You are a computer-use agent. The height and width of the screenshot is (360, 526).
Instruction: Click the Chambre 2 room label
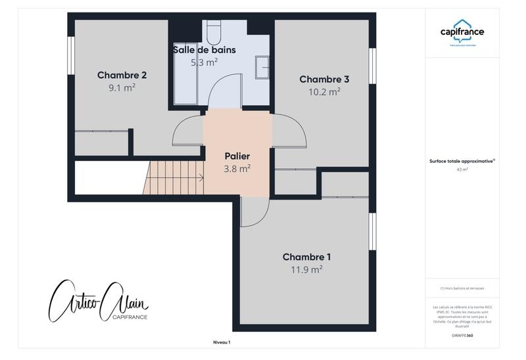(x=122, y=75)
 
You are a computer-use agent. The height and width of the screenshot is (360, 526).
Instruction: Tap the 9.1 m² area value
(x=122, y=87)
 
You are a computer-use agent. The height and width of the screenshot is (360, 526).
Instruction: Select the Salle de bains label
(x=204, y=50)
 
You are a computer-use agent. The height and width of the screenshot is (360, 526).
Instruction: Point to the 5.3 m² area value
(x=204, y=62)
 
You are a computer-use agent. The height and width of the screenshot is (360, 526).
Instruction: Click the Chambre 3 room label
(x=324, y=79)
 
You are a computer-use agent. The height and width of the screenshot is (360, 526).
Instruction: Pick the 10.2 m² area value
(x=324, y=92)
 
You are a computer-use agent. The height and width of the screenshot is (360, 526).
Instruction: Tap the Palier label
(x=237, y=156)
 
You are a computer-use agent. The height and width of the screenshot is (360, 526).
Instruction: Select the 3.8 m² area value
(x=237, y=169)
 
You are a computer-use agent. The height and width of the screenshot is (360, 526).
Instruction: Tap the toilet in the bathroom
(x=214, y=31)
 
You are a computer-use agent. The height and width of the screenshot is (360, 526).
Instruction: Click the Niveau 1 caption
(x=222, y=342)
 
